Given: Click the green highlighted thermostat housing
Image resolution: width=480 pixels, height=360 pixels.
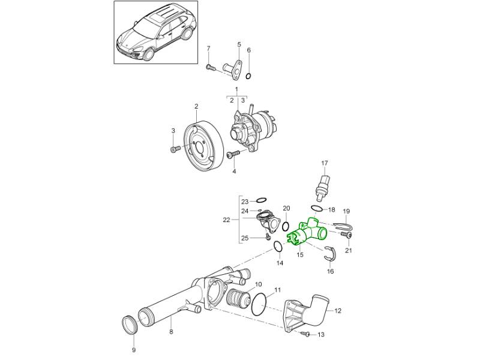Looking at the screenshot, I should pos(307,233).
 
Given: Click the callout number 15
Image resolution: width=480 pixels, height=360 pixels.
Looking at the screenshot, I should pos(300,254).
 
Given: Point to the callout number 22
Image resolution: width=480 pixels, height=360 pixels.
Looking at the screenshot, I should pos(226,220).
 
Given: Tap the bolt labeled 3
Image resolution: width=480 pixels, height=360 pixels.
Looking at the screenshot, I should pos(174,148).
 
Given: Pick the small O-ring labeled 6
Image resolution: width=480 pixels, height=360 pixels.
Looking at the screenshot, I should pos(250,76).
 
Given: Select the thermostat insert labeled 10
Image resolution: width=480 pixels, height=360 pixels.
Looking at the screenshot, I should pos(238,298).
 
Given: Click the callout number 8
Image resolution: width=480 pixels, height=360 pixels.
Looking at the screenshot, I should pos(171,332).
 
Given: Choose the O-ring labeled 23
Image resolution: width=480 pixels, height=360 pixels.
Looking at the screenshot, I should pos(262,200).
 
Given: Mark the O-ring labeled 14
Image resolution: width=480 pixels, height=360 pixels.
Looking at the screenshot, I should pos(278,247).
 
